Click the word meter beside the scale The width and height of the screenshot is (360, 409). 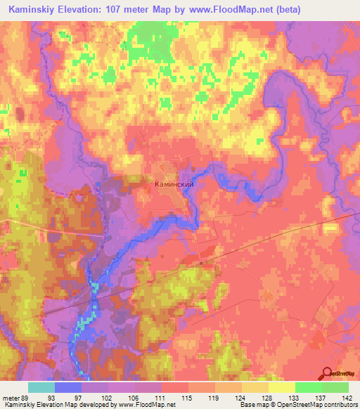pyautogui.click(x=12, y=397)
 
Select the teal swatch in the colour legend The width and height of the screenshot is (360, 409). pyautogui.click(x=41, y=387)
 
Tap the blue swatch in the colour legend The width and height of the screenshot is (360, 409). pyautogui.click(x=68, y=387)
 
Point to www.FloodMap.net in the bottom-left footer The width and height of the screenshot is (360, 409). pyautogui.click(x=145, y=405)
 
